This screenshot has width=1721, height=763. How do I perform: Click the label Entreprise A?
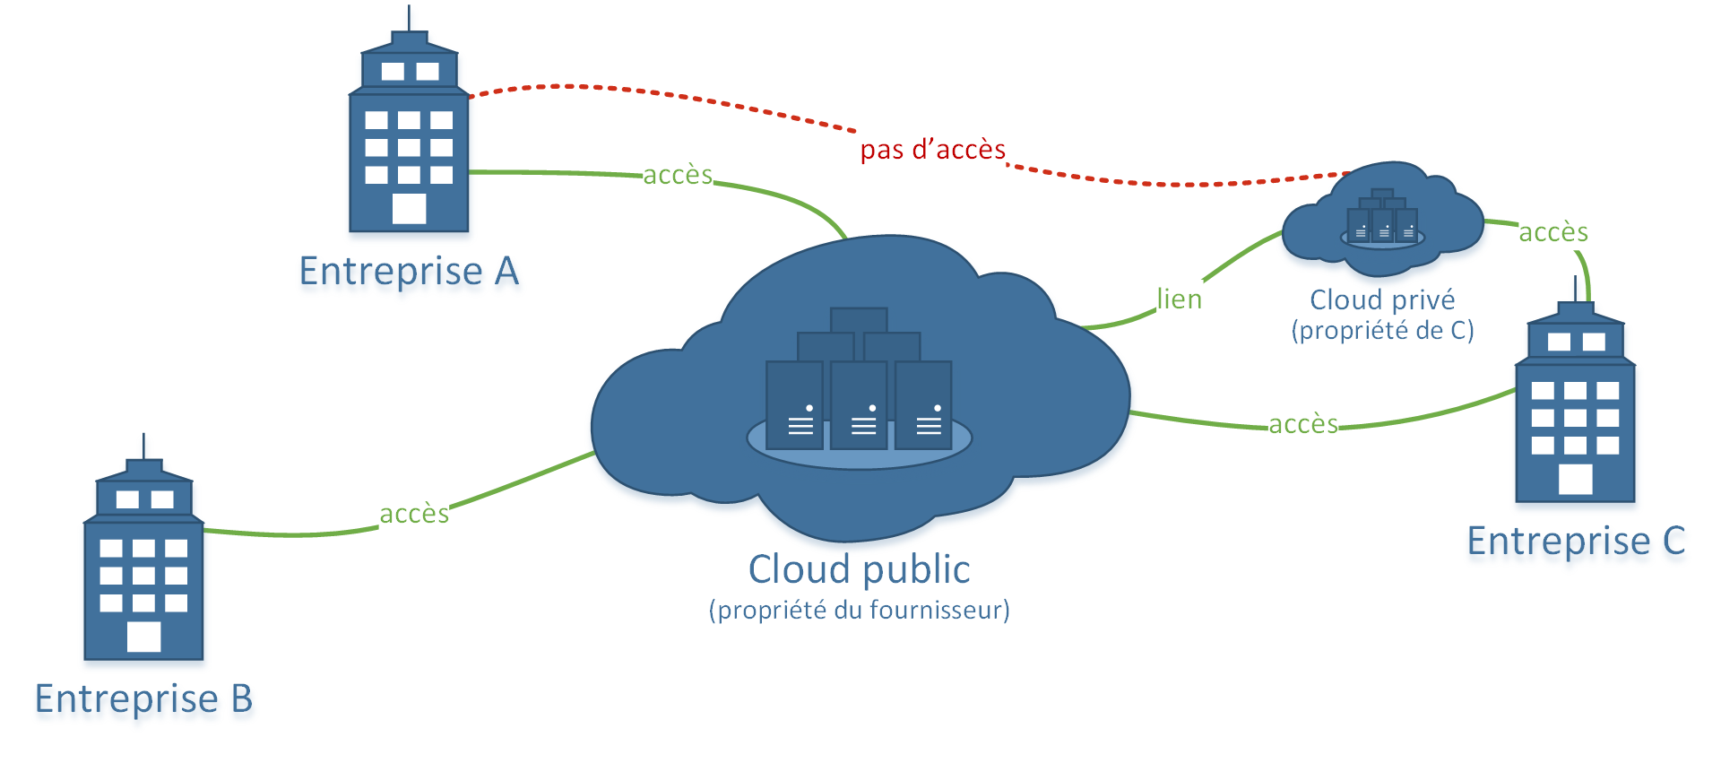tap(409, 271)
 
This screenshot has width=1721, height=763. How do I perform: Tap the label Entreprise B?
tap(143, 698)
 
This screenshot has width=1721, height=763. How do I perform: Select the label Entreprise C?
tap(1575, 541)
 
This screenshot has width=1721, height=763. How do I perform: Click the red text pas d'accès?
tap(932, 150)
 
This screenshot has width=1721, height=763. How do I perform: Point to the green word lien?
tap(1179, 299)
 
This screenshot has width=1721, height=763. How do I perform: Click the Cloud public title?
tap(859, 569)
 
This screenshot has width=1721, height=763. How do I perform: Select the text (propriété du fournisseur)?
tap(859, 611)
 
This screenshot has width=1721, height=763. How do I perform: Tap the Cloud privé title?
tap(1381, 299)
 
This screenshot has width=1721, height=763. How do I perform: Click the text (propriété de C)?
tap(1381, 331)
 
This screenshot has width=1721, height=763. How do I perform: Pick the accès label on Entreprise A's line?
tap(678, 175)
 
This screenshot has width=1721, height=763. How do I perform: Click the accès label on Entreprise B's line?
tap(413, 514)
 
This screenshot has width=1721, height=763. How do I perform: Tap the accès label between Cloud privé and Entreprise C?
tap(1552, 232)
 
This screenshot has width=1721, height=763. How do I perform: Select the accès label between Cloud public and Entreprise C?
tap(1302, 424)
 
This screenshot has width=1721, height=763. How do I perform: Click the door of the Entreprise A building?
tap(409, 208)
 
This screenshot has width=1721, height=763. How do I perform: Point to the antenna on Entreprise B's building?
tap(143, 446)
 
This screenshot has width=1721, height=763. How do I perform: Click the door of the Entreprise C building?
tap(1575, 479)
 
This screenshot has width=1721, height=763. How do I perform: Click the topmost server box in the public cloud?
tap(859, 320)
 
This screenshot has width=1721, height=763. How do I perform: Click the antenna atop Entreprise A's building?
tap(410, 18)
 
